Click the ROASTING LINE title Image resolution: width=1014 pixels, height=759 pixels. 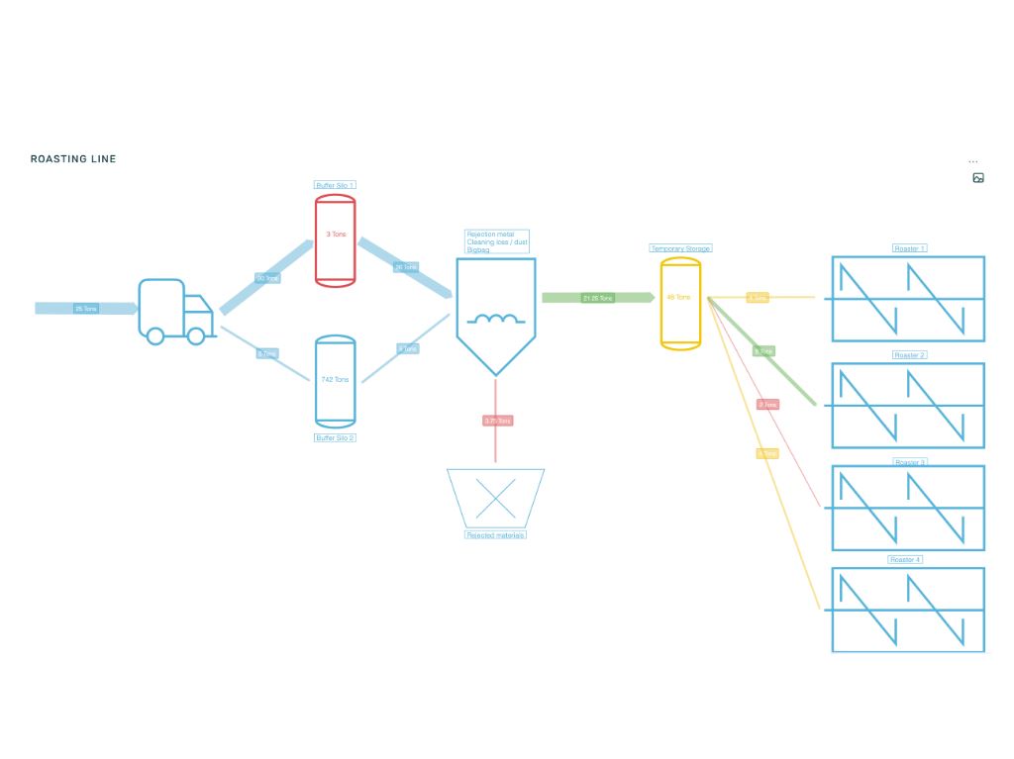[73, 159]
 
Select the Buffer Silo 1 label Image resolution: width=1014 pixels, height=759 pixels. [335, 185]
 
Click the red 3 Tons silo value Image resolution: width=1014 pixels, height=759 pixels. [335, 234]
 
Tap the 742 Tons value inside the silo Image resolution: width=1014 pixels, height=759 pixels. [335, 380]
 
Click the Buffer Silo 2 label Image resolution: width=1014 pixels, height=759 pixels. [335, 437]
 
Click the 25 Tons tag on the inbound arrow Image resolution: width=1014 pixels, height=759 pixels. [86, 309]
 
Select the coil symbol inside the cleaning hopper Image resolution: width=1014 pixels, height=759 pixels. [495, 319]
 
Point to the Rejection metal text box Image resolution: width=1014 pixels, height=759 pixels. [497, 242]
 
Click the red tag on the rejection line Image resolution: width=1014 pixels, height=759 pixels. [497, 422]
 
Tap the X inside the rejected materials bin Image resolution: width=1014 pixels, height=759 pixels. [495, 498]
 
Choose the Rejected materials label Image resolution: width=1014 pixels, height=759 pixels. [495, 535]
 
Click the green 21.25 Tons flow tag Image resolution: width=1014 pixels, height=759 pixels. [598, 298]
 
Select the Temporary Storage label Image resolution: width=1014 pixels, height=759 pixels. [680, 248]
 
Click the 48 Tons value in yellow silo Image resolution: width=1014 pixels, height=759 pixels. [679, 297]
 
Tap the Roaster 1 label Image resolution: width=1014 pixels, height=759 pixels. [909, 248]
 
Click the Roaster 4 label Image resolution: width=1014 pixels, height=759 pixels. [905, 560]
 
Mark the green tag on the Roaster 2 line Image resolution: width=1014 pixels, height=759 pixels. [762, 351]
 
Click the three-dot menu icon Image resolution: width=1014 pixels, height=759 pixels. [973, 161]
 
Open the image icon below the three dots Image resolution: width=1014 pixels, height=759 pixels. [978, 178]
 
